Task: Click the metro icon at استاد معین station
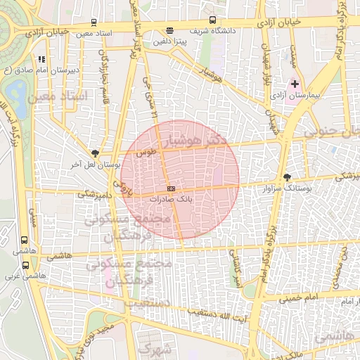click(x=94, y=22)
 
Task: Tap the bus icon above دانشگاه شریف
click(x=213, y=20)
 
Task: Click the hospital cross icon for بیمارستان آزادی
click(x=295, y=84)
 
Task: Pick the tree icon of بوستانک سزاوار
click(x=286, y=177)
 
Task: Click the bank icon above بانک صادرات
click(x=171, y=190)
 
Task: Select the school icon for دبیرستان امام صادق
click(x=41, y=59)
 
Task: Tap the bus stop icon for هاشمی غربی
click(x=26, y=265)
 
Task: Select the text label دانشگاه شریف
click(x=234, y=31)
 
